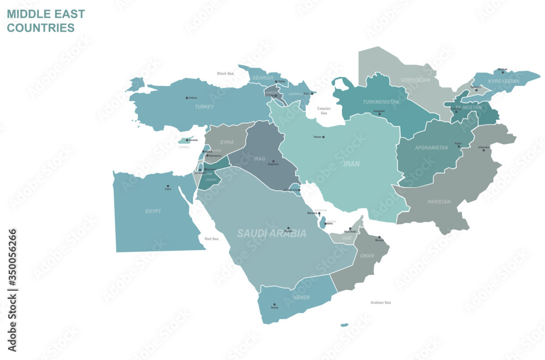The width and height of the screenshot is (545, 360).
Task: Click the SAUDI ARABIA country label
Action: click(x=271, y=234)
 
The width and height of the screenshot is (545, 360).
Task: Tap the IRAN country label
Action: click(x=351, y=163)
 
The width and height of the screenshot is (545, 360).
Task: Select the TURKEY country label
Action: click(x=204, y=107)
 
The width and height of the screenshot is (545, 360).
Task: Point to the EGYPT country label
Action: click(x=153, y=211)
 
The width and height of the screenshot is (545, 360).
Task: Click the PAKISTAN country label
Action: click(x=439, y=202)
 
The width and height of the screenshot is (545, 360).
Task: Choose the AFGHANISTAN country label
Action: click(x=432, y=148)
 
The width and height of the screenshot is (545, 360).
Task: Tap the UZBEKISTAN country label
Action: click(x=415, y=80)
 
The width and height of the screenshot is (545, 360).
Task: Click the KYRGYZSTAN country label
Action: click(x=504, y=82)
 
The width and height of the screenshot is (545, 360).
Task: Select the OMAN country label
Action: click(x=367, y=255)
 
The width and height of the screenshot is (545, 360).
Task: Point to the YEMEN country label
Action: click(x=302, y=297)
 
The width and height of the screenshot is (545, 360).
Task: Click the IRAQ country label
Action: click(x=259, y=159)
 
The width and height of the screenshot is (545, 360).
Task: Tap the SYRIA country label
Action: click(x=227, y=142)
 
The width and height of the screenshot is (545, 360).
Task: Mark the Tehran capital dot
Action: click(x=323, y=137)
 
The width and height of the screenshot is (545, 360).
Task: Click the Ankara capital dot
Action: click(x=186, y=98)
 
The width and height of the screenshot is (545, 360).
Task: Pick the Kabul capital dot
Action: click(x=459, y=147)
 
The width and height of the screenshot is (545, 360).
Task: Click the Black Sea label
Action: click(x=225, y=73)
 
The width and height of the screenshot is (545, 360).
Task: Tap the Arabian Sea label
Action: click(x=380, y=302)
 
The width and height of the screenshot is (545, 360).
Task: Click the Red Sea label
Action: click(x=211, y=239)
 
